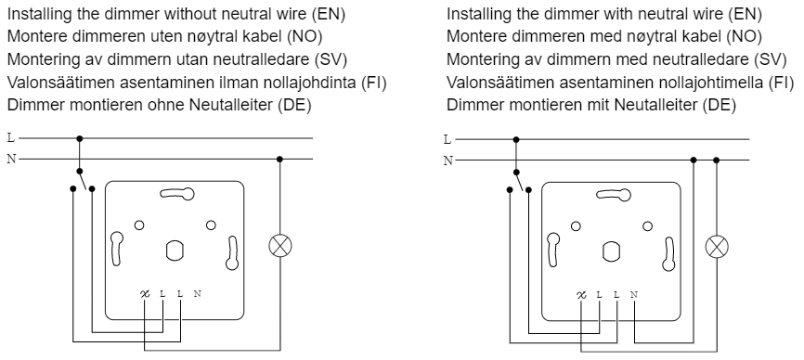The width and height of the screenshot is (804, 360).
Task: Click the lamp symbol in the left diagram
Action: pyautogui.click(x=280, y=246)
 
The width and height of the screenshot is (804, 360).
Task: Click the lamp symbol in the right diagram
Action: pyautogui.click(x=717, y=248)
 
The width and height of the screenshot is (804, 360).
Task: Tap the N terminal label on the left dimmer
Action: pyautogui.click(x=198, y=294)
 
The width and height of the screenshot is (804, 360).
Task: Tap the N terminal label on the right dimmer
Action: pyautogui.click(x=634, y=295)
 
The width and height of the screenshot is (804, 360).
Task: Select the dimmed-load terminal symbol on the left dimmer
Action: pyautogui.click(x=145, y=294)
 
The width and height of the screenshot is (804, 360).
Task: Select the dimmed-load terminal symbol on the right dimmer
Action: pyautogui.click(x=581, y=295)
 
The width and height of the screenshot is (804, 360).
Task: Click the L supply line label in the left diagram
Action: pyautogui.click(x=11, y=137)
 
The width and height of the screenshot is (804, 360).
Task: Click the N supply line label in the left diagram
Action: pyautogui.click(x=11, y=160)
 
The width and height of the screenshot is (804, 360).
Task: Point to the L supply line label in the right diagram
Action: pyautogui.click(x=447, y=139)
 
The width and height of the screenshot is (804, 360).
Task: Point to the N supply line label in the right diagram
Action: pyautogui.click(x=448, y=161)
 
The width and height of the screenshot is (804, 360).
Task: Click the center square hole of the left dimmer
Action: pyautogui.click(x=175, y=251)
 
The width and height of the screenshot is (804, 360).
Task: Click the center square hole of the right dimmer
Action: pyautogui.click(x=611, y=251)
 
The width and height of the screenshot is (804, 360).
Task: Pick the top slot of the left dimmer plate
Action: pyautogui.click(x=177, y=194)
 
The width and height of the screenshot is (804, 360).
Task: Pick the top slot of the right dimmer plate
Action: pyautogui.click(x=614, y=195)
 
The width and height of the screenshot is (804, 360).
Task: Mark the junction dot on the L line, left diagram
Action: pyautogui.click(x=80, y=138)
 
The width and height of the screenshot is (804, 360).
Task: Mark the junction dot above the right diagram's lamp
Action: pyautogui.click(x=717, y=161)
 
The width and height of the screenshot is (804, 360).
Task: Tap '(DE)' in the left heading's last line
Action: pyautogui.click(x=294, y=105)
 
